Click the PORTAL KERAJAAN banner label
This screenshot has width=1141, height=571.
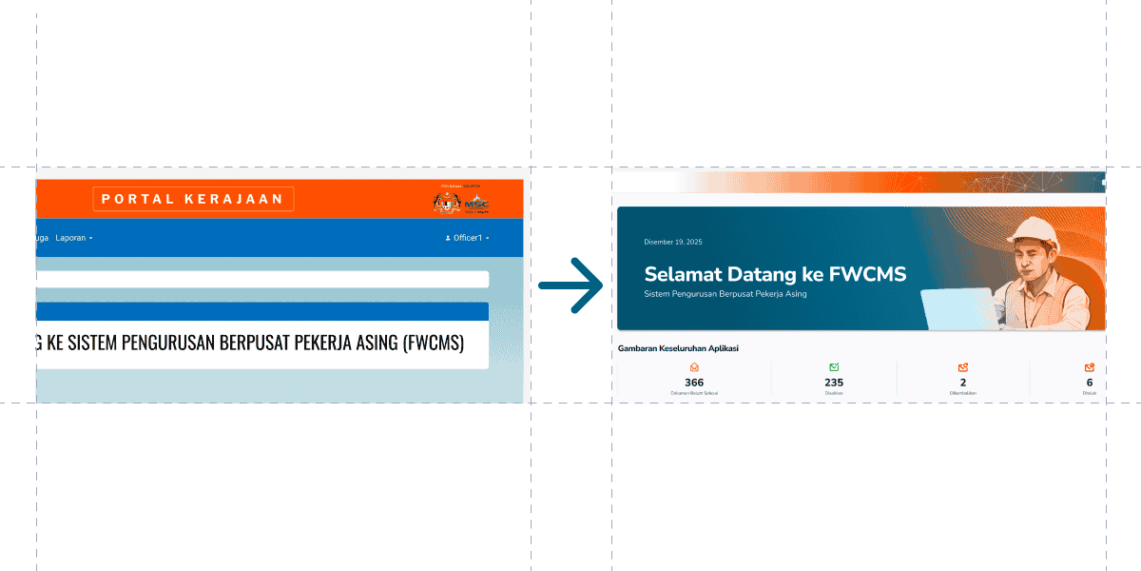(x=193, y=199)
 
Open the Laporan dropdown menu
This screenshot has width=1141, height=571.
(x=73, y=238)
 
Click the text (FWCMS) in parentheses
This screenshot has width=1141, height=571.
(x=432, y=343)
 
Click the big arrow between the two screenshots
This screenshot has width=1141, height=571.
(x=570, y=285)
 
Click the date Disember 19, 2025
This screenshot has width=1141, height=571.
(x=672, y=242)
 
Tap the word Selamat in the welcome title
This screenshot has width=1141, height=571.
(x=684, y=274)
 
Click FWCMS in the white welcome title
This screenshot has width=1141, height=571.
(x=867, y=274)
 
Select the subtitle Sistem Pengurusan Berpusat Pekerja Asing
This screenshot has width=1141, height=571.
(x=725, y=294)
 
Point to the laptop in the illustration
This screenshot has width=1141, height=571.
(x=957, y=308)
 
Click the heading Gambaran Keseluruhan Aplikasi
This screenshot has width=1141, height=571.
(x=678, y=348)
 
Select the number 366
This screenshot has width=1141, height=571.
(x=694, y=383)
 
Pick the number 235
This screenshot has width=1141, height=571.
(x=834, y=383)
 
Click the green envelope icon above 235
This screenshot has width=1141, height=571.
(x=834, y=367)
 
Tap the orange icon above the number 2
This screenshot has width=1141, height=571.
(x=963, y=367)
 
